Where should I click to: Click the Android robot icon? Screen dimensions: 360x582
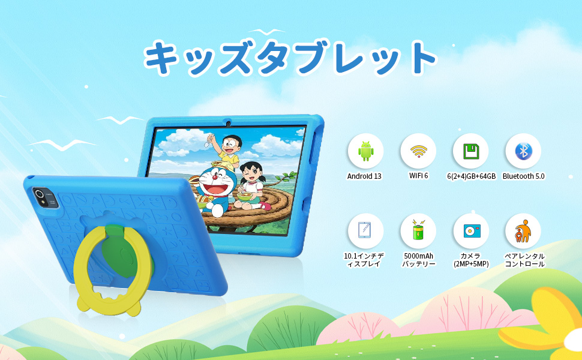click(x=365, y=151)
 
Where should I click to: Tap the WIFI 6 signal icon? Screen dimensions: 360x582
click(x=418, y=151)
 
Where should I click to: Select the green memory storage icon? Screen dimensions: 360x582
click(x=470, y=151)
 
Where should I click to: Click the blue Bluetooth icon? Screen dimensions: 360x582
click(x=523, y=151)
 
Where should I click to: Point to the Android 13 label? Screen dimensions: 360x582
click(x=364, y=176)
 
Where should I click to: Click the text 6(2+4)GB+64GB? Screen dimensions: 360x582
click(x=471, y=176)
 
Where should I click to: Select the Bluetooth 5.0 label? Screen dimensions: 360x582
click(x=523, y=176)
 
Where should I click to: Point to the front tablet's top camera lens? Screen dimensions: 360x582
click(x=229, y=124)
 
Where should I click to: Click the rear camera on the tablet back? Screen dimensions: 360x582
click(x=40, y=194)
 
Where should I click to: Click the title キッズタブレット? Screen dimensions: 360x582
click(x=290, y=58)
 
